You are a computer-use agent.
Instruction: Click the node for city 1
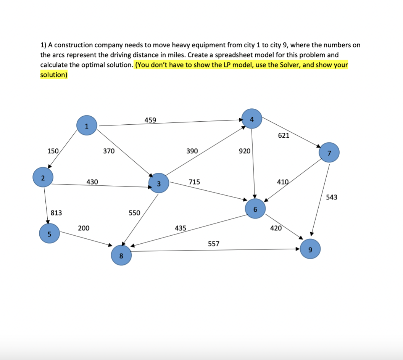point(87,126)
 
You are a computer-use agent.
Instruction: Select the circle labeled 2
point(43,178)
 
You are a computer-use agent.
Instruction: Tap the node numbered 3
point(158,184)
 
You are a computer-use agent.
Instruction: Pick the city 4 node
point(252,119)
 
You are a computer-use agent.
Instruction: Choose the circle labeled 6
point(255,209)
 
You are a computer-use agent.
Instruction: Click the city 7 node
point(329,153)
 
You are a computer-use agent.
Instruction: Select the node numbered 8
point(121,256)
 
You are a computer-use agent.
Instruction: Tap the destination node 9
point(310,250)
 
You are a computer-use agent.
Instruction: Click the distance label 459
point(150,120)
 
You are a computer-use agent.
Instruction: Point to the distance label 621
point(284,135)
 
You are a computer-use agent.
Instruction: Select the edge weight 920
point(245,151)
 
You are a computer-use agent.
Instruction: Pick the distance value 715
point(194,182)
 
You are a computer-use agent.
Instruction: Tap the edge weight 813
point(56,213)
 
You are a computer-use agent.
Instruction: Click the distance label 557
point(214,243)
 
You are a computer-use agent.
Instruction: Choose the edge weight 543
point(332,197)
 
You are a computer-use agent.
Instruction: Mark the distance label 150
point(53,151)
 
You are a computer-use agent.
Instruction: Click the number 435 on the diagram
point(181,228)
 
